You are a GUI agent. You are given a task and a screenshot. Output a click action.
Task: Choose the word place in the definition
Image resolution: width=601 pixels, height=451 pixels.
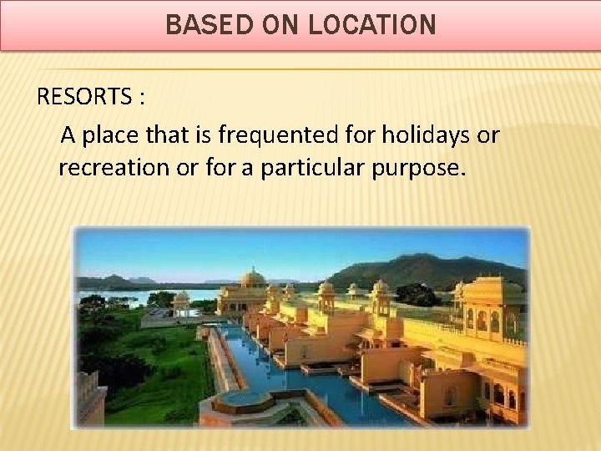[x=124, y=134]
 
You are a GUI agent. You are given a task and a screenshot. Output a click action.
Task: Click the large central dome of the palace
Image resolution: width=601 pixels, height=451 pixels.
[x=252, y=279]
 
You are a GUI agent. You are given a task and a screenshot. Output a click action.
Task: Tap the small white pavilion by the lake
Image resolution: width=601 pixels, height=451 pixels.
[x=181, y=300]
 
